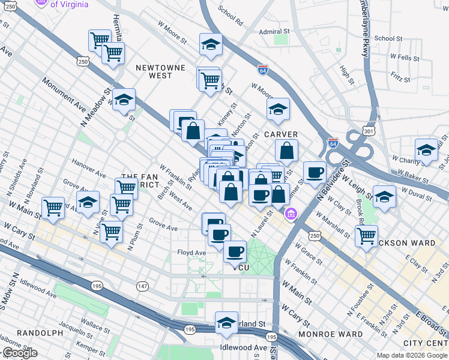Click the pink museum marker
291,214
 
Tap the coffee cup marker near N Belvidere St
315,173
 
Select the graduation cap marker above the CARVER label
278,109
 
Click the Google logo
20,353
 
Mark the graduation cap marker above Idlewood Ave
226,323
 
